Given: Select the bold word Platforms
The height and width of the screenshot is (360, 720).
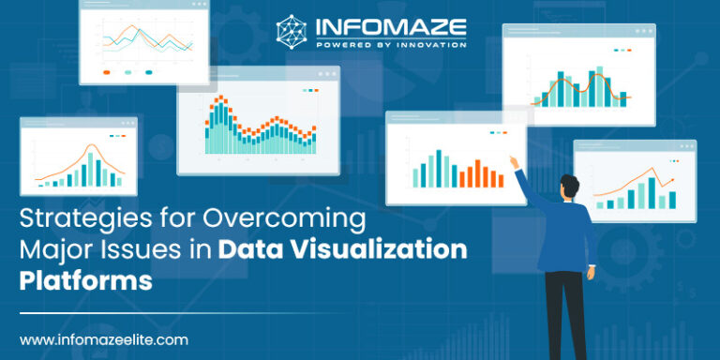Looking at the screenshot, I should click(x=86, y=279).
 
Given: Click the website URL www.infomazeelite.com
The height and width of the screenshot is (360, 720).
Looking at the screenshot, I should click(x=104, y=339).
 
